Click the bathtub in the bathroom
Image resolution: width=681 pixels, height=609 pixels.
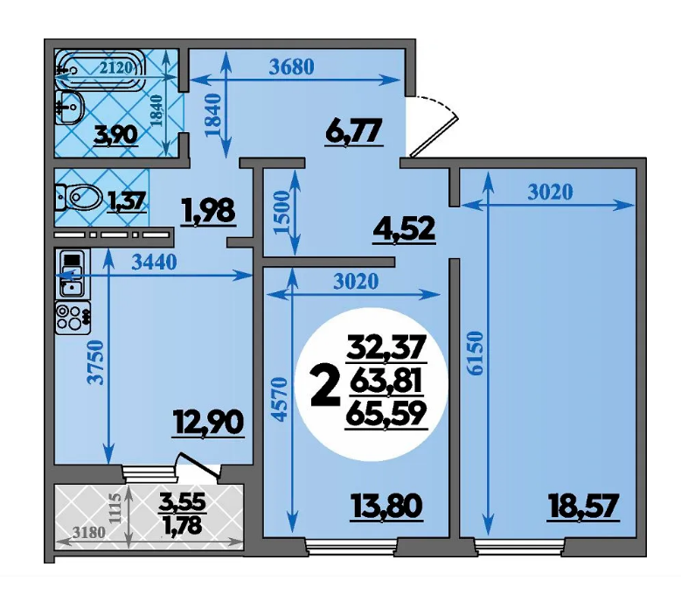coord(100,69)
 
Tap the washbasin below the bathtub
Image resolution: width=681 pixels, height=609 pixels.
coord(68,107)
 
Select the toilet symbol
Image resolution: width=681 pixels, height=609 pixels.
coord(78,198)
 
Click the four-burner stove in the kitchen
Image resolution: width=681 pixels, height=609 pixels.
coord(73,318)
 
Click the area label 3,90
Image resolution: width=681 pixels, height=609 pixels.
coord(116,135)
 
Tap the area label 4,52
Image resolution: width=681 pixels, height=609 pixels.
coord(404,229)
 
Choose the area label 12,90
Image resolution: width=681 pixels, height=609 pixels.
coord(208,423)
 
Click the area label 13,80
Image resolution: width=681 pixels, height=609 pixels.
coord(386,507)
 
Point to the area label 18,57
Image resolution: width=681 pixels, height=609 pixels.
coord(583,506)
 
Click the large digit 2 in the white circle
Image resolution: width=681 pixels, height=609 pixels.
coord(325,386)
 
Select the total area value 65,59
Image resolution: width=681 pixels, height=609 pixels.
coord(386,413)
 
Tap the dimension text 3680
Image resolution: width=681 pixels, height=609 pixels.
coord(291,67)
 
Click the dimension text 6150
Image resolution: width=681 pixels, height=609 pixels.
coord(476,353)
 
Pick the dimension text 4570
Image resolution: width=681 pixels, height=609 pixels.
coord(281,399)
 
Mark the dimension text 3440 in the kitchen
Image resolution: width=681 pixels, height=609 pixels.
coord(154,262)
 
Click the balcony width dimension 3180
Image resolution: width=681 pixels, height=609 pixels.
coord(89,532)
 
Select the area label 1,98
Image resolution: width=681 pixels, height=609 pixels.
coord(208,212)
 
